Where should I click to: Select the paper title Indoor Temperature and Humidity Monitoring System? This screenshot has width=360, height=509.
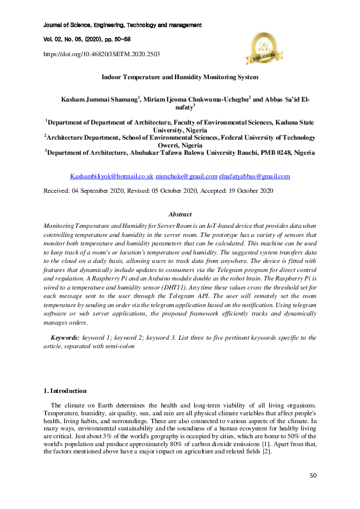click(180, 77)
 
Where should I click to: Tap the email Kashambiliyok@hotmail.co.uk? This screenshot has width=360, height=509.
click(112, 177)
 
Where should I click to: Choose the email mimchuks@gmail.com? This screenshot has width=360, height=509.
click(186, 177)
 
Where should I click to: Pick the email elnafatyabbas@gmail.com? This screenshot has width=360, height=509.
click(254, 177)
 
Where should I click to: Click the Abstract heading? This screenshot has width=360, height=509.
click(180, 214)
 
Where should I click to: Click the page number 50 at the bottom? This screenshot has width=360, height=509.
click(313, 475)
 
